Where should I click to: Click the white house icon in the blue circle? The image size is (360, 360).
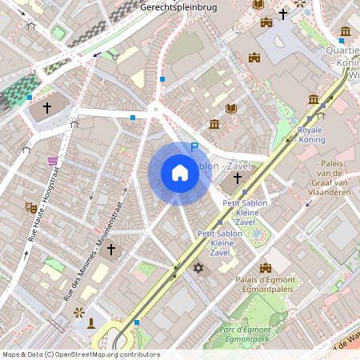coord(180,173)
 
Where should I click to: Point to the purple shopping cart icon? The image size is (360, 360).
coord(53,161)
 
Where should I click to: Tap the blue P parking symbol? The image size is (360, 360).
coord(194,147)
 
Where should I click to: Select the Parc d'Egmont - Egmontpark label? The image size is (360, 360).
coord(248,334)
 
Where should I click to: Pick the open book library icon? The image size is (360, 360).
coord(232,108)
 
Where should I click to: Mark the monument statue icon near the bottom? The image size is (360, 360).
coord(91,323)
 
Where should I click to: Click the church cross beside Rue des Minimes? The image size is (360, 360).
coord(111,250)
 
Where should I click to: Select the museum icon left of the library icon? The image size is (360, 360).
coord(214,124)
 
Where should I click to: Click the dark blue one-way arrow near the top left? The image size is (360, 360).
coord(97,54)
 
